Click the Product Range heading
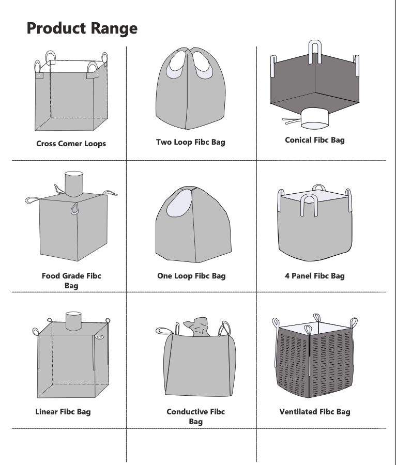click(x=82, y=28)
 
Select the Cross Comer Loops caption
click(x=71, y=144)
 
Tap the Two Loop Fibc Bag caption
click(x=191, y=142)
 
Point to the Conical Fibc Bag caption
click(x=314, y=139)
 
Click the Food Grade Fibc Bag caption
click(x=71, y=281)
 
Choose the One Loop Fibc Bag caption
click(x=191, y=276)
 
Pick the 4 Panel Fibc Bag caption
click(x=314, y=276)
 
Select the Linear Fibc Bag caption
click(x=63, y=412)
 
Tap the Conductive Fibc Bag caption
click(x=195, y=416)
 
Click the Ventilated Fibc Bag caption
click(x=314, y=412)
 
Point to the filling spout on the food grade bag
click(x=72, y=183)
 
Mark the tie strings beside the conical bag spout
click(x=291, y=121)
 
